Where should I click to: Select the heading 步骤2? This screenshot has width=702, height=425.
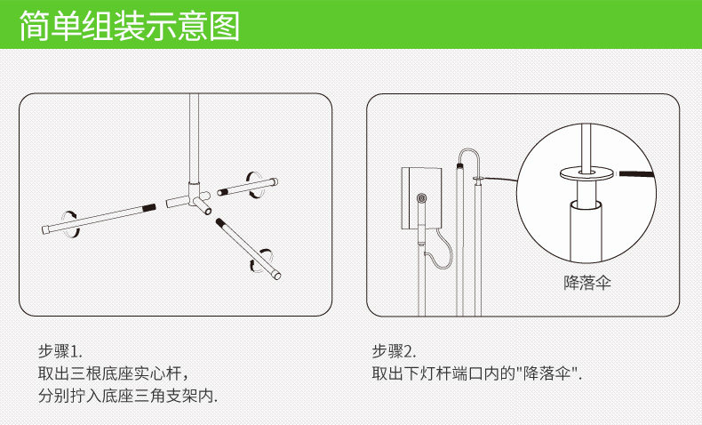click(x=394, y=350)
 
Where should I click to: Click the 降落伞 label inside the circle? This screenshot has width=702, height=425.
click(x=588, y=283)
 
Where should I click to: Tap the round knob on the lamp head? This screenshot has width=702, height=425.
click(x=421, y=197)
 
